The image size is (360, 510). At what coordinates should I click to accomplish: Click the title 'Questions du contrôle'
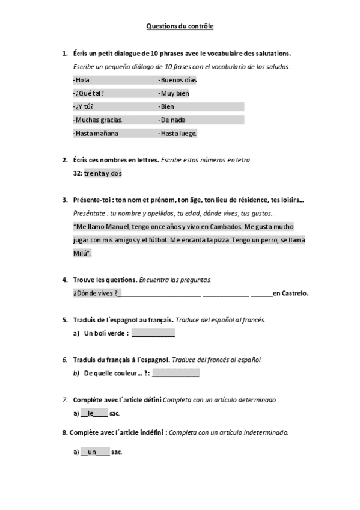coord(180,26)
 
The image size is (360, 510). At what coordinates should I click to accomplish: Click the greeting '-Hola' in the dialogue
coord(81,80)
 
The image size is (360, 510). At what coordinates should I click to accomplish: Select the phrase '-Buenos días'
coord(177,80)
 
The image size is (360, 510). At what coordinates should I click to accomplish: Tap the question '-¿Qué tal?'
coord(88,93)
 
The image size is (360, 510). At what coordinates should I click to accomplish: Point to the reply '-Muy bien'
coord(174,93)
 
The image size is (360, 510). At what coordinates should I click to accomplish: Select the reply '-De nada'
coord(172,120)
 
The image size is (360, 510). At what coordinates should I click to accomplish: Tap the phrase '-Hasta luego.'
coord(177,133)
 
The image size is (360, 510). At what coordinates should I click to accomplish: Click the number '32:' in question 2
coord(78,173)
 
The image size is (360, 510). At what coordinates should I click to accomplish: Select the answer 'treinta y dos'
coord(103,173)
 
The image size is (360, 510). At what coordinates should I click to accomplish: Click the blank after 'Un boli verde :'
coord(153,333)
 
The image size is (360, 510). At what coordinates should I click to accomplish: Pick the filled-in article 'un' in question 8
coord(92,452)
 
